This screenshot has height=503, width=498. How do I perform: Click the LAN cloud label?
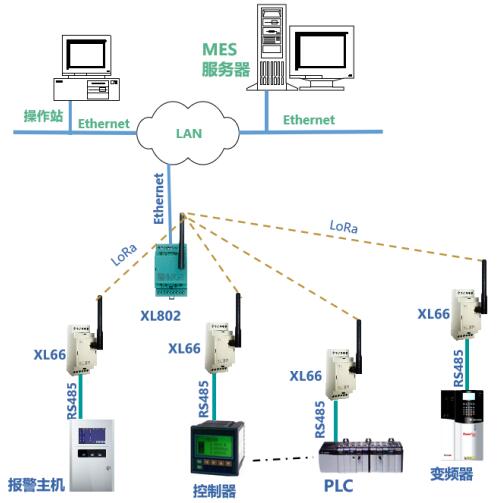click(x=189, y=133)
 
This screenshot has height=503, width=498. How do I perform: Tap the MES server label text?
click(x=226, y=59)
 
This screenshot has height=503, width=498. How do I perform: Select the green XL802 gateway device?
click(x=171, y=270)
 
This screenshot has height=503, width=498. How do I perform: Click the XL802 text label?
click(x=160, y=316)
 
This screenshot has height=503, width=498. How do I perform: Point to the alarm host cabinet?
click(x=92, y=455)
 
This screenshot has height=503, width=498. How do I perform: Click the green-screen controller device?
click(x=217, y=448)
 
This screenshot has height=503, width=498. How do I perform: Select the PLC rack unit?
click(x=360, y=456)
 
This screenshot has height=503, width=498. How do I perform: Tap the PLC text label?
click(x=338, y=486)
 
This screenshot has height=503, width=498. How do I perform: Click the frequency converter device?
click(x=462, y=425)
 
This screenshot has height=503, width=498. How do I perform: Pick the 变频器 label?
click(x=451, y=474)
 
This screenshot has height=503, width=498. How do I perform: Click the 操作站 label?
click(x=43, y=116)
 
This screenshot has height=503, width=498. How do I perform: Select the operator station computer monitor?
click(x=86, y=55)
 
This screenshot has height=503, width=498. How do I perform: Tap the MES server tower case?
click(x=271, y=47)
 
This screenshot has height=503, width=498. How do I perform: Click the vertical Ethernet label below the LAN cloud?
click(x=159, y=199)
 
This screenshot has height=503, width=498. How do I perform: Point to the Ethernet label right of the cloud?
click(x=309, y=120)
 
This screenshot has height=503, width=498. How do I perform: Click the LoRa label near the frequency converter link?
click(x=344, y=227)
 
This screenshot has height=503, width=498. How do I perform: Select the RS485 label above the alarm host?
click(x=72, y=401)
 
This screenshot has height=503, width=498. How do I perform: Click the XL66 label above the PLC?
click(x=305, y=376)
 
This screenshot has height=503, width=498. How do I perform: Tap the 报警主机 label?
click(x=36, y=485)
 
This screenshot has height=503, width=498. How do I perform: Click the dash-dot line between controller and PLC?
click(x=283, y=459)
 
